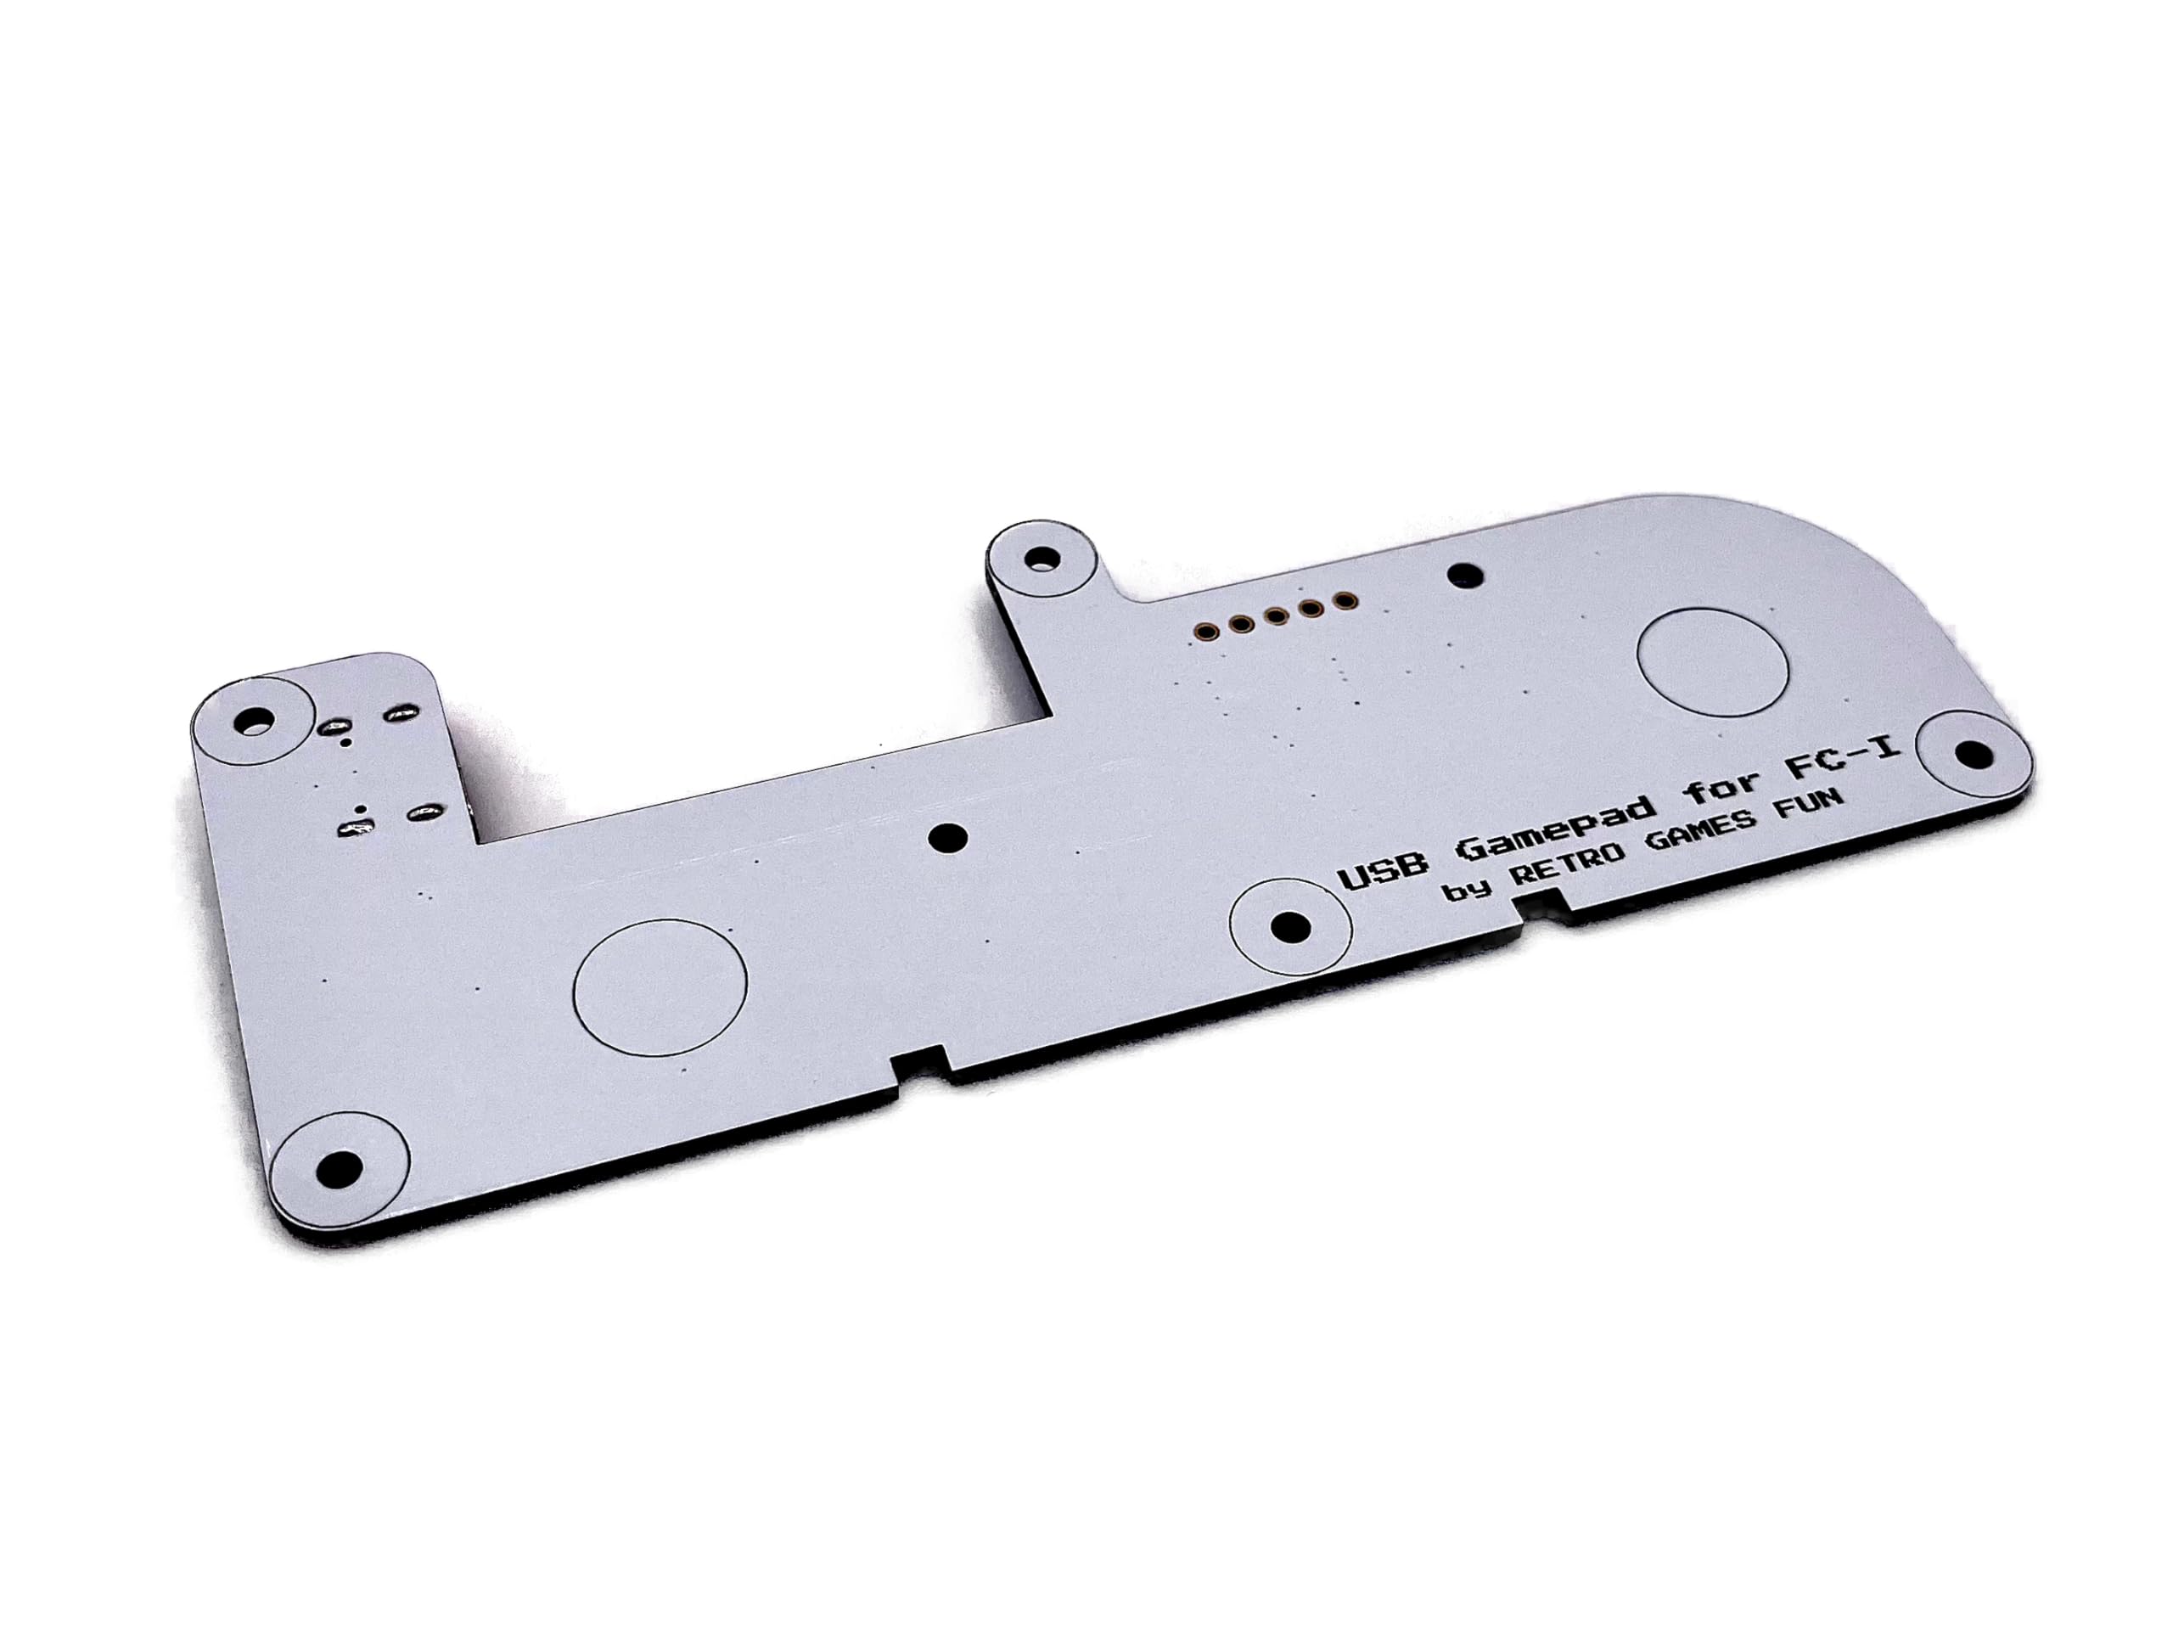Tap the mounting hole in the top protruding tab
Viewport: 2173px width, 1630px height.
[x=1041, y=560]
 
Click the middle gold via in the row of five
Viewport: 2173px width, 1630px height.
[x=1275, y=616]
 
